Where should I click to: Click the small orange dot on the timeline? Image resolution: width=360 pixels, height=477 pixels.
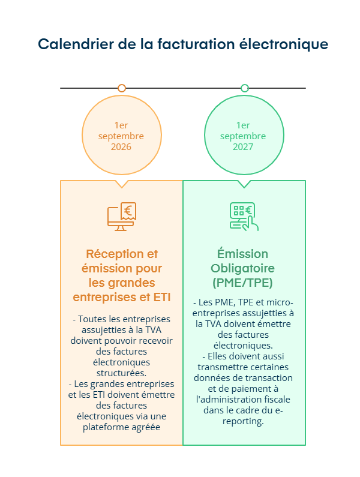point(122,88)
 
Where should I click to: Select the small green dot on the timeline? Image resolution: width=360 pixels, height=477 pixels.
point(244,88)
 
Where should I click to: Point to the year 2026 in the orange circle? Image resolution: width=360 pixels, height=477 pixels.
point(121,147)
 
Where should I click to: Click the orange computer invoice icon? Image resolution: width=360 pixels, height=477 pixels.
point(122,217)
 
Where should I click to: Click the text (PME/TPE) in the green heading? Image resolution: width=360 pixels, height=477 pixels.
point(243,282)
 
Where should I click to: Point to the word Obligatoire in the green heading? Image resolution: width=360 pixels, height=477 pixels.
point(243,268)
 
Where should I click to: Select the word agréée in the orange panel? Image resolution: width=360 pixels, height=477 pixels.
point(149,427)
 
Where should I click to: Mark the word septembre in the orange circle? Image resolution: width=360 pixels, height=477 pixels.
point(121,136)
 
